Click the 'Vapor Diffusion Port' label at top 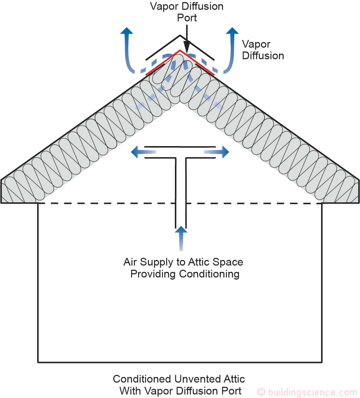click(x=187, y=12)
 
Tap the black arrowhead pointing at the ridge click(x=187, y=47)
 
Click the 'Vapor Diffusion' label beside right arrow click(x=263, y=50)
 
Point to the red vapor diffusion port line click(x=161, y=63)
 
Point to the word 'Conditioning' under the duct click(x=209, y=274)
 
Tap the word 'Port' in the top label click(x=187, y=18)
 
